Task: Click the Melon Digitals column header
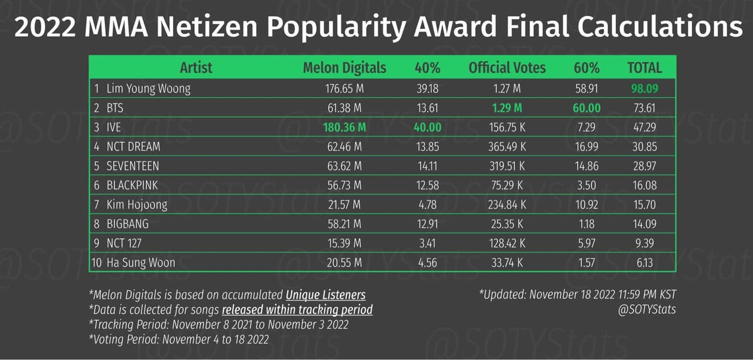point(344,68)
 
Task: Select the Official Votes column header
point(507,68)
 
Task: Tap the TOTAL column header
point(644,68)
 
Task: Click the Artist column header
point(196,68)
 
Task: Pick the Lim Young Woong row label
point(148,89)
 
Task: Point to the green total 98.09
point(644,89)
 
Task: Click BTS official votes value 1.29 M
point(507,108)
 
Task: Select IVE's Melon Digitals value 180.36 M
point(344,127)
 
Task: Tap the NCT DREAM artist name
point(133,146)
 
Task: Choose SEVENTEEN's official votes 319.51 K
point(507,166)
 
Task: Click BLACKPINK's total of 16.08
point(644,185)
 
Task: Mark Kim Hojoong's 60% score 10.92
point(586,205)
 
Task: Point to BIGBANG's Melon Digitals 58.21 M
point(344,224)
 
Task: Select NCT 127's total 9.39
point(644,243)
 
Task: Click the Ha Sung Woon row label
point(141,262)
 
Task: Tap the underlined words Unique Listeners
point(325,295)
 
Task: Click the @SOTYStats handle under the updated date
point(647,309)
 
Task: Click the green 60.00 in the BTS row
point(587,108)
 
